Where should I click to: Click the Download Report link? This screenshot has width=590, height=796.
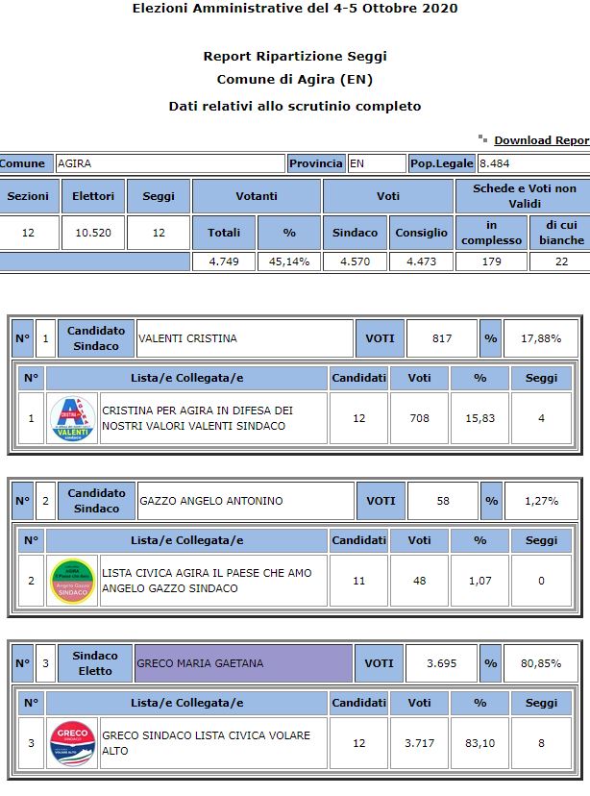point(541,140)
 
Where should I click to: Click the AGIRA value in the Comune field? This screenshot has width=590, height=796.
point(75,163)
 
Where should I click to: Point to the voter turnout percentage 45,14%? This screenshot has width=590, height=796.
point(288,261)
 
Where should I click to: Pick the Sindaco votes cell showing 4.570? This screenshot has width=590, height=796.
point(355,261)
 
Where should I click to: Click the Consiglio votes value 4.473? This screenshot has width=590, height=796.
point(420,261)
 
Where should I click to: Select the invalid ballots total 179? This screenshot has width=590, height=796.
point(491,261)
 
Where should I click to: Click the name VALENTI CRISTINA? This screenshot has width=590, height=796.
point(188,338)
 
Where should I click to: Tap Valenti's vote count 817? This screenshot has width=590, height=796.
point(441,338)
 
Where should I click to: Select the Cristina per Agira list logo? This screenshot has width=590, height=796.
point(72,418)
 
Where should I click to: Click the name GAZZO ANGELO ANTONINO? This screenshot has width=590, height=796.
point(200,501)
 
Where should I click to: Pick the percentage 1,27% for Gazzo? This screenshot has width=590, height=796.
point(540,501)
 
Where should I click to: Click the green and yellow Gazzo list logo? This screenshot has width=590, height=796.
point(72,581)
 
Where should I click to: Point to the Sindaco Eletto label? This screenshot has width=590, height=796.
point(95,663)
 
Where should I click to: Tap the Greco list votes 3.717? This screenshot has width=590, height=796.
point(420,743)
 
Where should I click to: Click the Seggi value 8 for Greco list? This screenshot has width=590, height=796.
point(541,743)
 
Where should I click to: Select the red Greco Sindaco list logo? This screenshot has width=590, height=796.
point(72,743)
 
